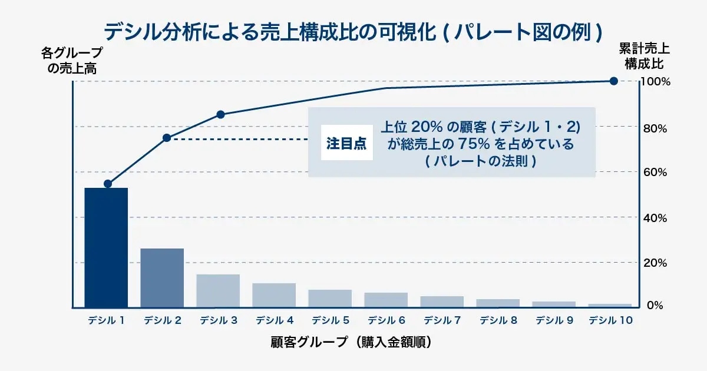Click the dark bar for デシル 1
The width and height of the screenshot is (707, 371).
click(106, 247)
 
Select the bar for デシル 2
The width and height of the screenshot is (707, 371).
click(162, 277)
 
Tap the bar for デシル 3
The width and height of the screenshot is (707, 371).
click(218, 290)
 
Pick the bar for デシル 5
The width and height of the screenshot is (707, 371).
click(330, 298)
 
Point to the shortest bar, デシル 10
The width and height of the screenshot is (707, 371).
click(610, 305)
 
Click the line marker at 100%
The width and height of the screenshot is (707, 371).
click(613, 81)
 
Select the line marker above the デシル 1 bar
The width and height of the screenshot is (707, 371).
click(108, 184)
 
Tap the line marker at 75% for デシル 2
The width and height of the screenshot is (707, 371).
click(166, 138)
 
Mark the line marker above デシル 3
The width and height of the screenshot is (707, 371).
click(220, 114)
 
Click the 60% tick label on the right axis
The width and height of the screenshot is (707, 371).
click(654, 173)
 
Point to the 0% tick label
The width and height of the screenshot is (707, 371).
click(656, 306)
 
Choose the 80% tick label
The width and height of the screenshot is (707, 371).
click(654, 128)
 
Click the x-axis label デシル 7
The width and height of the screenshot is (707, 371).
click(442, 321)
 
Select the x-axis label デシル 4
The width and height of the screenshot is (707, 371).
click(275, 321)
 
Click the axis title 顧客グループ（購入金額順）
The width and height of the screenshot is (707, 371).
click(353, 342)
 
